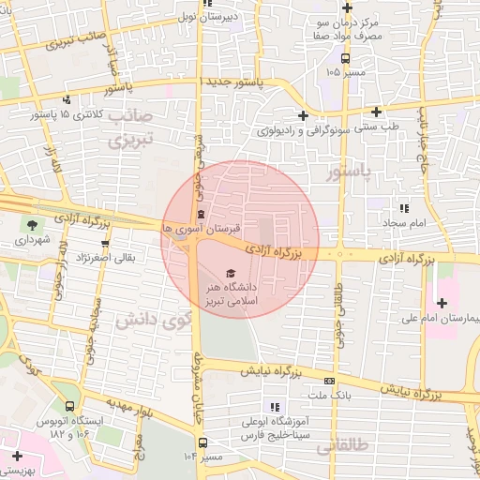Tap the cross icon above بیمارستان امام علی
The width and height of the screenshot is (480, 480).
pyautogui.click(x=442, y=302)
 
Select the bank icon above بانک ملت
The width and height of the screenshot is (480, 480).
pyautogui.click(x=329, y=381)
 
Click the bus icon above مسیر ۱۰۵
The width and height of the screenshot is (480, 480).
pyautogui.click(x=345, y=58)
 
